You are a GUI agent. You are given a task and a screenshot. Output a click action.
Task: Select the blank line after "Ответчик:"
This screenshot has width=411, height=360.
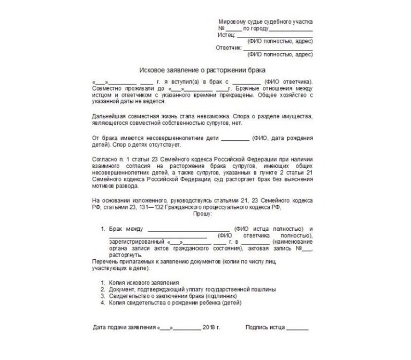[278, 49]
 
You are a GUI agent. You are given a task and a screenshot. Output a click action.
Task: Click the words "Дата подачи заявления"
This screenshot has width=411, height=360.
[124, 326]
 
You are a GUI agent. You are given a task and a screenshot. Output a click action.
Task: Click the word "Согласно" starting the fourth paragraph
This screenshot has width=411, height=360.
[103, 159]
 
